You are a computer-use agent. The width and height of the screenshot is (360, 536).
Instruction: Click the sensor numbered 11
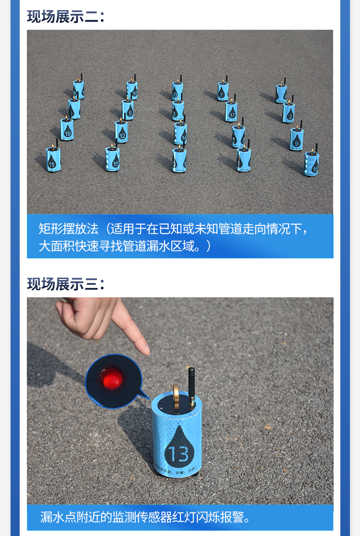(x=53, y=158)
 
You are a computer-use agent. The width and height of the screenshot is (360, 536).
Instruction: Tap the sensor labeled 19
(x=67, y=129)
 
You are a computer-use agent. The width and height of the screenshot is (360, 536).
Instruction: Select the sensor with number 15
(x=112, y=158)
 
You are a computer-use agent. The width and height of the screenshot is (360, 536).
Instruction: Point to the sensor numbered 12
(x=121, y=132)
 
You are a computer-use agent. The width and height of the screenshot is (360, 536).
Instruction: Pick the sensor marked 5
(x=128, y=110)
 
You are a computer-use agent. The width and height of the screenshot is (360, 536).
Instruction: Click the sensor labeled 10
(x=132, y=90)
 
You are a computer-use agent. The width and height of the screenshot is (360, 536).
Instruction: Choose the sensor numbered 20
(x=178, y=90)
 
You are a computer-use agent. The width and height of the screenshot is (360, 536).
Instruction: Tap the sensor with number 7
(x=223, y=91)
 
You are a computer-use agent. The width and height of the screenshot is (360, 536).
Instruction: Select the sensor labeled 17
(x=231, y=111)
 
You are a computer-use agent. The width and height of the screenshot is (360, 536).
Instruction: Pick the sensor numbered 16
(x=311, y=164)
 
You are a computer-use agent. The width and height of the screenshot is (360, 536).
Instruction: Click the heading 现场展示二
(x=65, y=16)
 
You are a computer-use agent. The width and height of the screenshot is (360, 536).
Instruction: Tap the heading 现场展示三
(x=65, y=284)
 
